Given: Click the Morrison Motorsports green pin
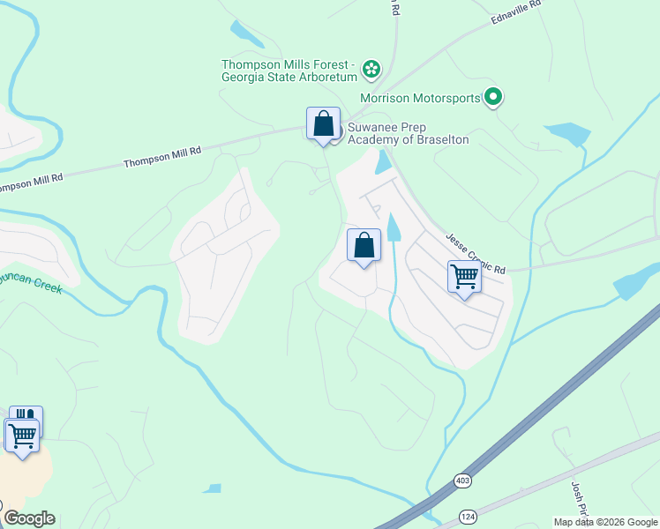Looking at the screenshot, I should click(x=493, y=98).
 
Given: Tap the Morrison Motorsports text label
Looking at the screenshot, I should click(x=420, y=98).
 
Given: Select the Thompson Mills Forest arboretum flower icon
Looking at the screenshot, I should click(x=371, y=68).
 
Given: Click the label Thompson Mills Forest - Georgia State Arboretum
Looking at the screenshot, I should click(x=288, y=70).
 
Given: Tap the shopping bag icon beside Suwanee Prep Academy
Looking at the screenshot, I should click(x=323, y=123).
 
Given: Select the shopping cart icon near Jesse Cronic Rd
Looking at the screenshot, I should click(x=464, y=277).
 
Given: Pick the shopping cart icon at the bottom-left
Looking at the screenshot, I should click(x=22, y=435).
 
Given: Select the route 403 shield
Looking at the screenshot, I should click(x=462, y=481).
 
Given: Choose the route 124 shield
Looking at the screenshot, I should click(x=467, y=514).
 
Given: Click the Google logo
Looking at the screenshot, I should click(x=29, y=518).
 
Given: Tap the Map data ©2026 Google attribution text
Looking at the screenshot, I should click(x=605, y=522).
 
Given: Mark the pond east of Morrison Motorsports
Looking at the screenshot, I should click(x=568, y=134).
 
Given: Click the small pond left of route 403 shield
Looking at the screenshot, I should click(x=211, y=488).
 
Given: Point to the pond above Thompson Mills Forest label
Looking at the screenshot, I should click(x=246, y=33).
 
